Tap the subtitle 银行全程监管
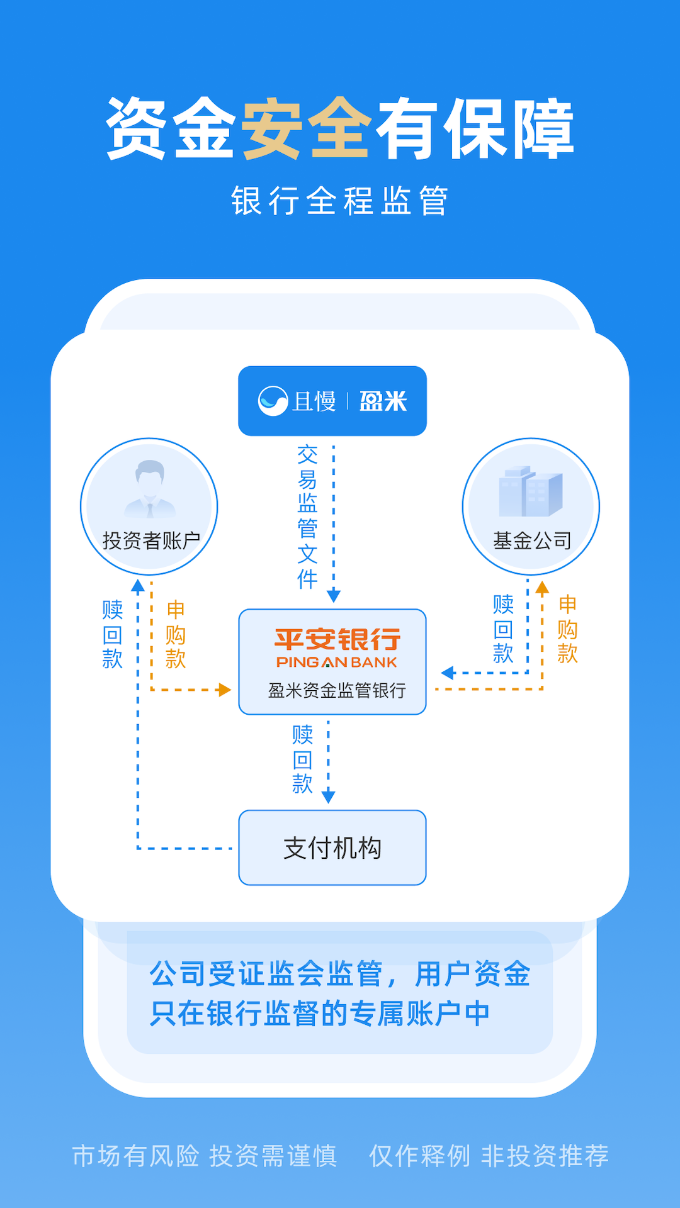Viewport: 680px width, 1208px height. point(340,201)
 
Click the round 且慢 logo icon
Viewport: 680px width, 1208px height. point(273,401)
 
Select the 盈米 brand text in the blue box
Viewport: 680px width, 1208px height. point(383,401)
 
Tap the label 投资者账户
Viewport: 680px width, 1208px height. point(151,540)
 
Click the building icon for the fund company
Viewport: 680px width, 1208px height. point(530,491)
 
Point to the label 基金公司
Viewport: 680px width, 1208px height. point(532,540)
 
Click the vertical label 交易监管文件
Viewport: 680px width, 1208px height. point(307,517)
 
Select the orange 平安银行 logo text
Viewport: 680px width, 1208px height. point(337,640)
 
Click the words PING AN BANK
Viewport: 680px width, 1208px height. point(337,663)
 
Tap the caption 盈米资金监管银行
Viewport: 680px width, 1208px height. point(337,691)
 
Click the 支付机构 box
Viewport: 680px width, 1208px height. point(332,847)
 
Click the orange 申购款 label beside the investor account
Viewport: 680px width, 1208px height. point(175,634)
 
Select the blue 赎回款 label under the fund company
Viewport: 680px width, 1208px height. point(503,629)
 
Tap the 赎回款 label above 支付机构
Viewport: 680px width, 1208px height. point(302,759)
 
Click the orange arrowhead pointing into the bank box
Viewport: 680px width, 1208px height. point(224,690)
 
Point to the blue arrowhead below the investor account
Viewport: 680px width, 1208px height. point(138,586)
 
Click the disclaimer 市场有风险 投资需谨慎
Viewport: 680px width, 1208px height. point(205,1156)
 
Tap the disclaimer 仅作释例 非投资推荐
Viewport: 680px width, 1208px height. point(489,1156)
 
